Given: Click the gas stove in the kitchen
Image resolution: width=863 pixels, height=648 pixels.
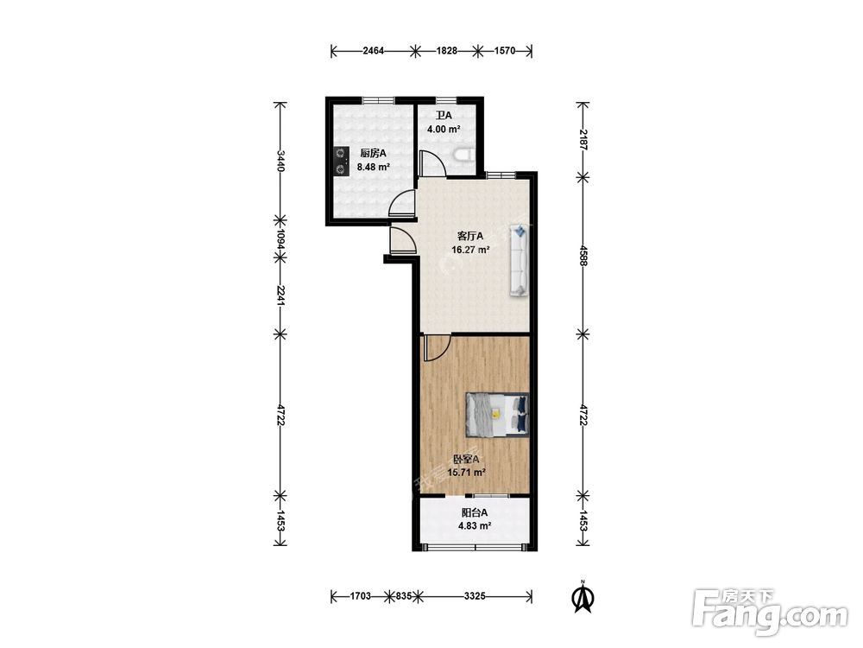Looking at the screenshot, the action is (x=342, y=162).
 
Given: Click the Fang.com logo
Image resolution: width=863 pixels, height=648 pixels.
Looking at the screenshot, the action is (x=770, y=612).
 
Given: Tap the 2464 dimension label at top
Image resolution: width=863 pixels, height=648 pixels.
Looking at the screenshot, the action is (x=373, y=51).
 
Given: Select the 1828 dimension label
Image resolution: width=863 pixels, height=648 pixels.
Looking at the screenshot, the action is (x=447, y=51).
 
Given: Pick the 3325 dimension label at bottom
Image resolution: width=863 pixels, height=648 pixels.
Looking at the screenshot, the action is (x=475, y=595).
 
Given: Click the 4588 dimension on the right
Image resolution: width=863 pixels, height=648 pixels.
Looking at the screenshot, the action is (x=583, y=255).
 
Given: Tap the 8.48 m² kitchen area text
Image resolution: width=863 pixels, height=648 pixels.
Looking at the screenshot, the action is (x=373, y=167).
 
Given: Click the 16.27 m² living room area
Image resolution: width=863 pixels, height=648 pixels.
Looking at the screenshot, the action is (x=470, y=250).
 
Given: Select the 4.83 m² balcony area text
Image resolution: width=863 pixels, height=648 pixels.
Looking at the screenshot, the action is (x=475, y=525).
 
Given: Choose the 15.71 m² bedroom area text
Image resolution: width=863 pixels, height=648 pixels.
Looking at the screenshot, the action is (x=466, y=473).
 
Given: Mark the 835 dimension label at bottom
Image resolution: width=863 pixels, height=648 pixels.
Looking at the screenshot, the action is (x=403, y=595).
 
